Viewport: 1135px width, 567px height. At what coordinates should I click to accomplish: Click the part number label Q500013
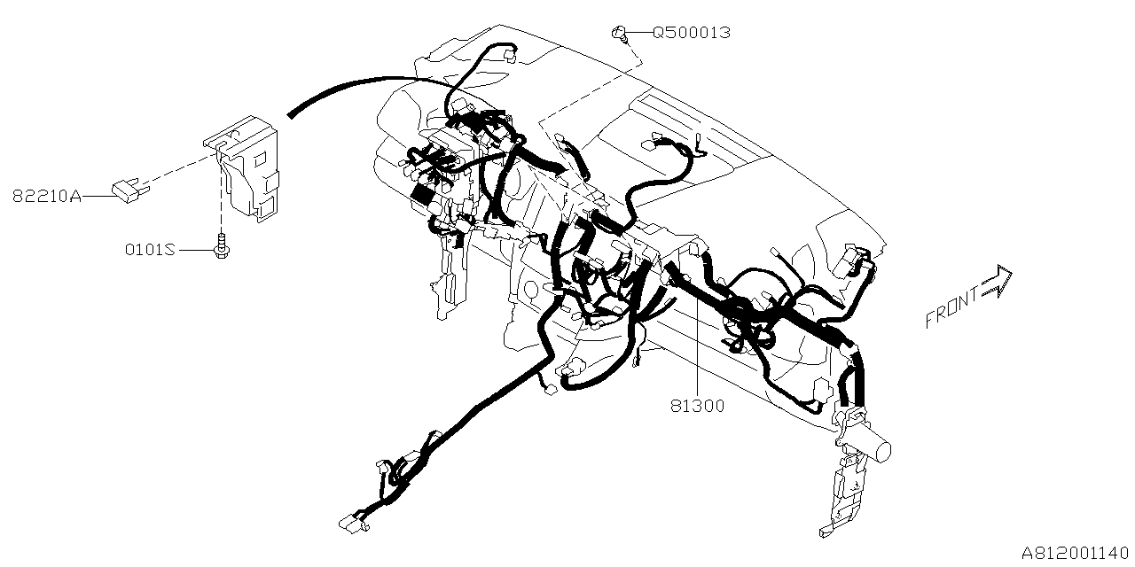pos(692,33)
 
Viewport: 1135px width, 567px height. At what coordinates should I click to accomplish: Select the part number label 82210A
pos(46,196)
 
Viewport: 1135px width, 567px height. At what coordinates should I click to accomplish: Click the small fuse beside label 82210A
pos(127,189)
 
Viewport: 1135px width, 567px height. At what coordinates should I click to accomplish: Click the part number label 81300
pos(697,406)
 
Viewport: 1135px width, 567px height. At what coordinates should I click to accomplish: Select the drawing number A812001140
pos(1076,553)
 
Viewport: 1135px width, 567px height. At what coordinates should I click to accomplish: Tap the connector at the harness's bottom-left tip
pos(353,524)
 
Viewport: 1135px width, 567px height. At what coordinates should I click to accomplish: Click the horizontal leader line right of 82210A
pos(97,196)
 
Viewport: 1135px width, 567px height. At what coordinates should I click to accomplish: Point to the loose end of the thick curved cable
pos(291,113)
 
